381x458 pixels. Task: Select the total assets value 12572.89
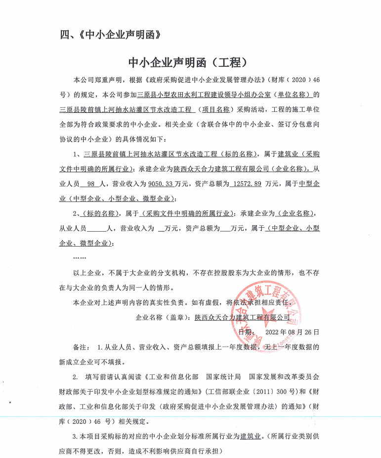tap(246, 184)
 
